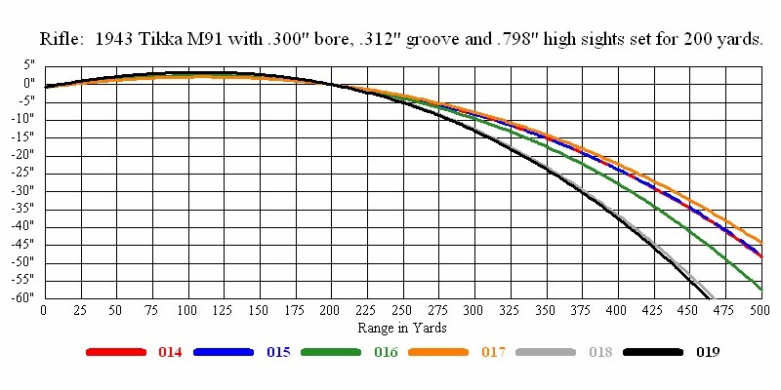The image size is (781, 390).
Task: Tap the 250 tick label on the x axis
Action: tap(402, 310)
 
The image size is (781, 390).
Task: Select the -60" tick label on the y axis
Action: tap(22, 297)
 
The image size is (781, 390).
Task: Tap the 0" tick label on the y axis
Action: tap(29, 83)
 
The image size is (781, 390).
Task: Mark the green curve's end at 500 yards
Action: tap(760, 289)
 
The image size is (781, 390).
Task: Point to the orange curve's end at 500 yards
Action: tap(760, 242)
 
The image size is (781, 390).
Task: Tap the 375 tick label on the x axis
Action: tap(582, 310)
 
